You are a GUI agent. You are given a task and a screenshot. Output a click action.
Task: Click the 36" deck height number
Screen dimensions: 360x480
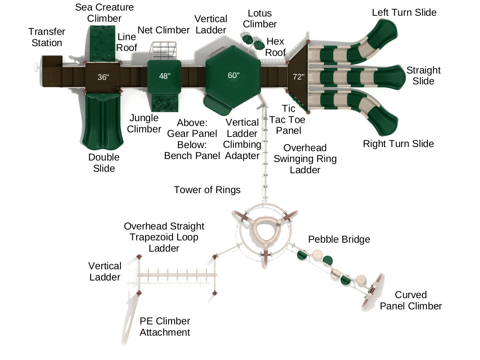point(103,77)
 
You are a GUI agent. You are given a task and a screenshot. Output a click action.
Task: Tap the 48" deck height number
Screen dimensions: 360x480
point(165,76)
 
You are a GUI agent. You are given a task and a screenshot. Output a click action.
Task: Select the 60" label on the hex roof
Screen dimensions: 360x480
point(233,75)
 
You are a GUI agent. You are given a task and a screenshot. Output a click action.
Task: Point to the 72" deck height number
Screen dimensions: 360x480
point(299,77)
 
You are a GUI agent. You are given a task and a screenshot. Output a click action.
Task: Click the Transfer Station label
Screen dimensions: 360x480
point(47,37)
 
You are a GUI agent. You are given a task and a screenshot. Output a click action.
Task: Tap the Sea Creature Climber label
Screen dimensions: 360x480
point(104,13)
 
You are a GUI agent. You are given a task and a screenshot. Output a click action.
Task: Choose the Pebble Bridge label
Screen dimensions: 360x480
point(339,239)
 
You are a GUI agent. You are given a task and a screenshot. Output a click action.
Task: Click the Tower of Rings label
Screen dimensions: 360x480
point(207,190)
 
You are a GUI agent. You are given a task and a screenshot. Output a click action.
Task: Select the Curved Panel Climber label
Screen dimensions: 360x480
point(411,300)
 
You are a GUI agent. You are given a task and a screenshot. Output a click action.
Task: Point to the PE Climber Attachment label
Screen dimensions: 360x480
point(165,327)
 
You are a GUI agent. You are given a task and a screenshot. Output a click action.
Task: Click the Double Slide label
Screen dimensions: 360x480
point(104,163)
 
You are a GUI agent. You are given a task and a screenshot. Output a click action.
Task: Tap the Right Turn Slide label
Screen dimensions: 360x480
point(398,144)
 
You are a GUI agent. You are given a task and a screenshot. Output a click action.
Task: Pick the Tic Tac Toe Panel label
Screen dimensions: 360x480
point(288,120)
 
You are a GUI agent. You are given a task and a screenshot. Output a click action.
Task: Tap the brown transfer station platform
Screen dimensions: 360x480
point(52,71)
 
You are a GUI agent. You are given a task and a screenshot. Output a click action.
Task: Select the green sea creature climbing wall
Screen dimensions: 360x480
point(102,43)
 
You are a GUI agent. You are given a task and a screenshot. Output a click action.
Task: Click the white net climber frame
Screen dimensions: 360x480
point(164,51)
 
